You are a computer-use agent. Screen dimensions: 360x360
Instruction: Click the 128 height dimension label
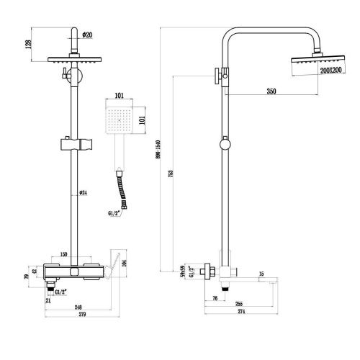pos(27,45)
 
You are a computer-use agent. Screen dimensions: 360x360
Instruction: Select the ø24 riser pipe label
pos(84,192)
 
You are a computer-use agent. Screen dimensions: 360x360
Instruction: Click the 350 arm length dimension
pos(271,91)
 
